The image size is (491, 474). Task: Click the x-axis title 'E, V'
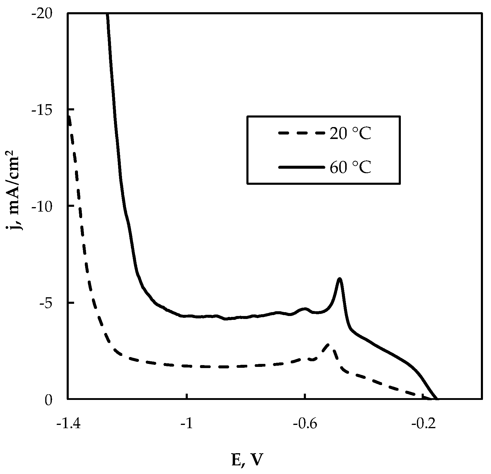(247, 461)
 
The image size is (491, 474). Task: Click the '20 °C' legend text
(350, 134)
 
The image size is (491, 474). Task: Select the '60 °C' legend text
(350, 168)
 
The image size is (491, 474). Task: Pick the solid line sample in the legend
(301, 168)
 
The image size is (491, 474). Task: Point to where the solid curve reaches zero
(437, 399)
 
